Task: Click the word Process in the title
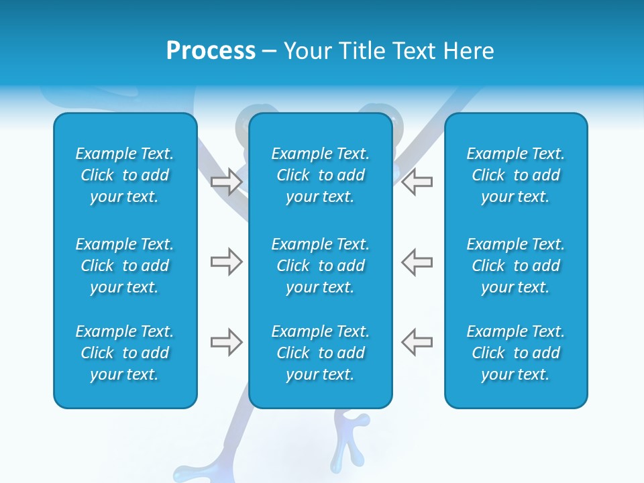pos(211,51)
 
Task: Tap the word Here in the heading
pos(470,51)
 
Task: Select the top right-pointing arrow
pos(227,182)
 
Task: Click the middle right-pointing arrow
pos(227,262)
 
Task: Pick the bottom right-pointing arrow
pos(227,342)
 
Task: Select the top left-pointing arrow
pos(417,182)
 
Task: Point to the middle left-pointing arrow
pos(417,262)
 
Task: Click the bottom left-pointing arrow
pos(417,342)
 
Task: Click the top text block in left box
pos(125,175)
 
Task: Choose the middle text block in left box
pos(125,266)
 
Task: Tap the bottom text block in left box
pos(125,353)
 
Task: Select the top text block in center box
pos(320,175)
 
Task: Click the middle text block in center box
pos(320,266)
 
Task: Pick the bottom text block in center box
pos(320,353)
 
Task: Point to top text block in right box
pos(515,175)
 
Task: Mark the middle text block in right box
pos(515,266)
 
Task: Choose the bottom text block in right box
pos(515,353)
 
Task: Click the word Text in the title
pos(416,51)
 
